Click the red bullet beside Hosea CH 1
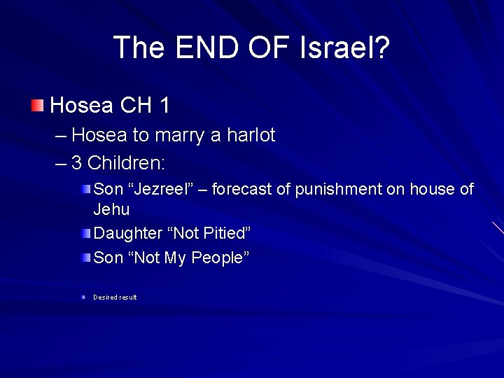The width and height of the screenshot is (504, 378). point(37,106)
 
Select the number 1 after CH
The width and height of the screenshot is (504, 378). point(164,106)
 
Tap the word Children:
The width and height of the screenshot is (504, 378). point(127,163)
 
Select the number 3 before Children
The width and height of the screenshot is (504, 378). point(77,163)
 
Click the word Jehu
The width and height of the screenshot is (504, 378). point(111,209)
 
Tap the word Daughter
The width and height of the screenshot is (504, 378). point(126,232)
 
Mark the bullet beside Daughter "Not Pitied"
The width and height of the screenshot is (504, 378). point(85,232)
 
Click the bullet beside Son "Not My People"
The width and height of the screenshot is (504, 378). point(85,258)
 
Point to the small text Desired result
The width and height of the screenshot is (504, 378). point(115,297)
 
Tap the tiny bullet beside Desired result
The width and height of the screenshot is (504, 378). point(83,297)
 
